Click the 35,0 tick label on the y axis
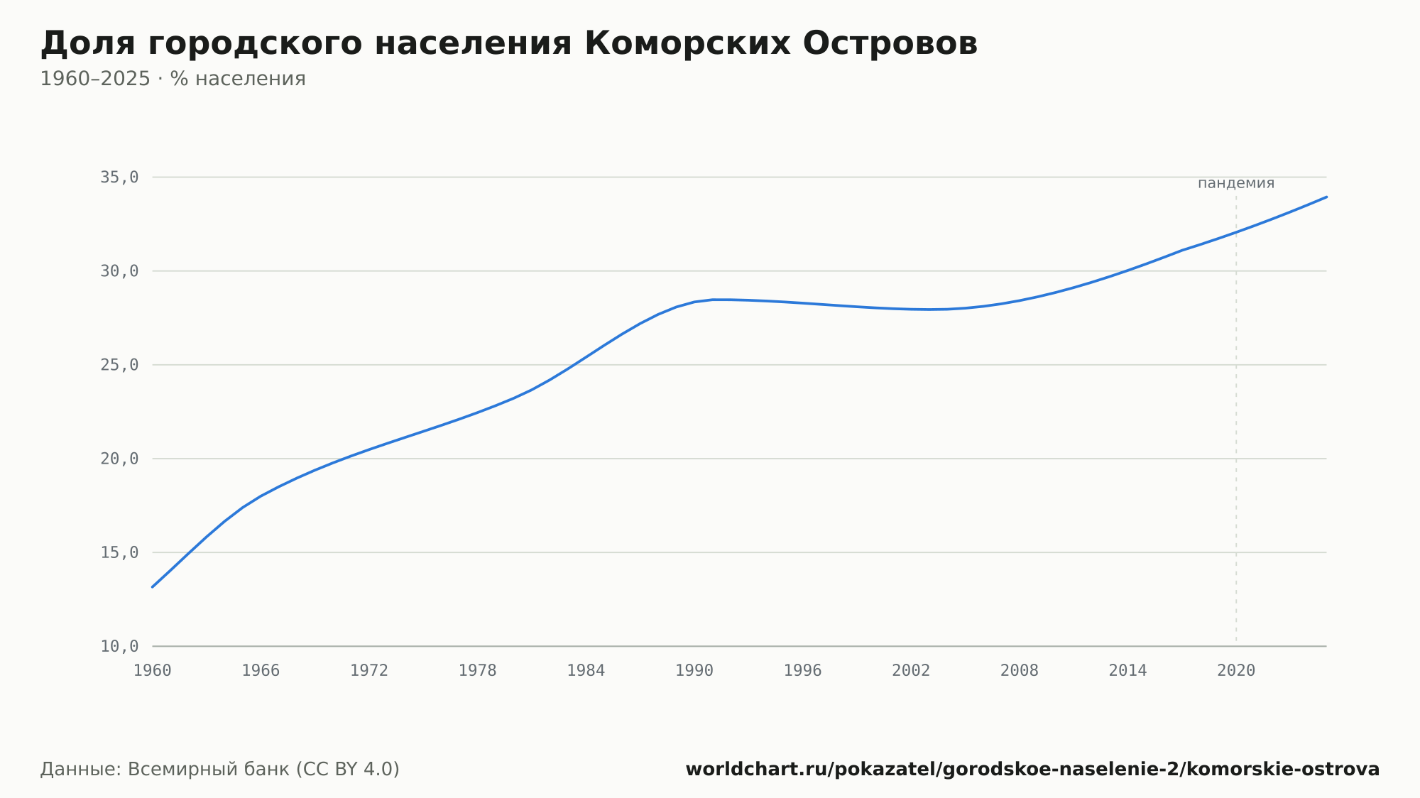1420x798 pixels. pos(119,177)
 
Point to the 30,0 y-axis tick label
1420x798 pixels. pos(119,271)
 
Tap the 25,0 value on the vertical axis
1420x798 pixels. pos(119,365)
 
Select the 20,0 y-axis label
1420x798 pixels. pos(119,459)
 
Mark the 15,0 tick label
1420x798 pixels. pos(119,552)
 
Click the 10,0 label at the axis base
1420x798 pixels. pos(119,646)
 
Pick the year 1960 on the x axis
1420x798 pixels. pos(153,671)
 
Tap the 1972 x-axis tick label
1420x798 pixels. pos(369,671)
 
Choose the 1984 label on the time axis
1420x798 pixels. pos(586,671)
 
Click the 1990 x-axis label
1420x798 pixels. pos(694,671)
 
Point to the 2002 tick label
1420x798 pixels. pos(911,671)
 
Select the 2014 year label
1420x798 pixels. pos(1127,671)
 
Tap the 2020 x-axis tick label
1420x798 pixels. pos(1236,671)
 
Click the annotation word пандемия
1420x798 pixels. pos(1236,183)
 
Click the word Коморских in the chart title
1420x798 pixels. pos(687,44)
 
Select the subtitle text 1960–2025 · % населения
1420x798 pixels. pos(173,79)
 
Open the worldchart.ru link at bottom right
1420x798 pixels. pos(1032,770)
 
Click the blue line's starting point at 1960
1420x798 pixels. pos(153,587)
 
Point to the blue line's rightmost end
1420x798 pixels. pos(1326,197)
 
